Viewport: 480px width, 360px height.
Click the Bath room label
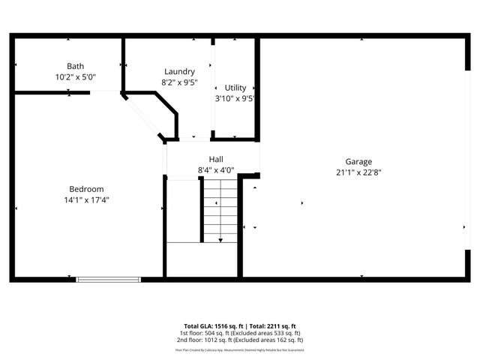[x=75, y=66]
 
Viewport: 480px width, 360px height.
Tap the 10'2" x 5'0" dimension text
[x=75, y=77]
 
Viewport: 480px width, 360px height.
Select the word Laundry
[x=179, y=71]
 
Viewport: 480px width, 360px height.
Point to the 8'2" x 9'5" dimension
[x=179, y=82]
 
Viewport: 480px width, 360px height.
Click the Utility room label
[x=235, y=88]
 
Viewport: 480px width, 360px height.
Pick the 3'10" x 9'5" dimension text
[x=235, y=98]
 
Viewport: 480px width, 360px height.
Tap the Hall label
[x=216, y=159]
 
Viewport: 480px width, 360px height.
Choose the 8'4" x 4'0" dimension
[x=216, y=170]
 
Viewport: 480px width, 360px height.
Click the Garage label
[x=358, y=161]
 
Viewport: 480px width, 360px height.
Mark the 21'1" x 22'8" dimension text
[x=358, y=172]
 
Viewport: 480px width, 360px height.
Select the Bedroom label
[x=86, y=189]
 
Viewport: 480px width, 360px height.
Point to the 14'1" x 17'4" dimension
[x=86, y=200]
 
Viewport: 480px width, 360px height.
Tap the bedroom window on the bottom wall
[x=108, y=280]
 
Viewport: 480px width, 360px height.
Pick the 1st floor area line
[x=239, y=333]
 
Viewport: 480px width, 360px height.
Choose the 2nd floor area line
[x=239, y=340]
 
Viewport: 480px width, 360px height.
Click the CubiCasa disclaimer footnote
[x=239, y=349]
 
